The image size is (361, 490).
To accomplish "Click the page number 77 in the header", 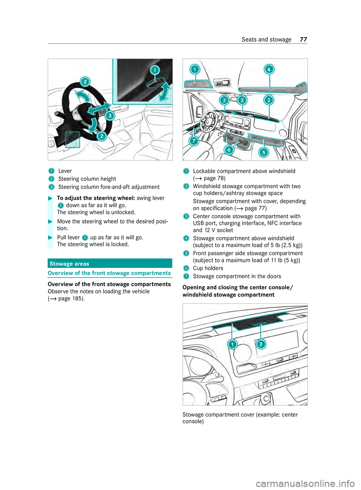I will coord(303,40).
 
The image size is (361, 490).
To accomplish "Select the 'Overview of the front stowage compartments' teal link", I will coord(109,273).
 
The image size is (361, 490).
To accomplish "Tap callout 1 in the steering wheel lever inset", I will coord(155,70).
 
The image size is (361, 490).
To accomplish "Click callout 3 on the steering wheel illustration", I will coord(109,116).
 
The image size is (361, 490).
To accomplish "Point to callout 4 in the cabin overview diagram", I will coord(268,69).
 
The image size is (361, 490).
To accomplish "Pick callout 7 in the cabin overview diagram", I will coord(194,141).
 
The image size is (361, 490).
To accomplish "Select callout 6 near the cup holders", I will coord(229,149).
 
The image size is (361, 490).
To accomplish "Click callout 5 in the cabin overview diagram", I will coord(264,152).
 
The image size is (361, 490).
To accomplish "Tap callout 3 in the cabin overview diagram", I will coord(242,100).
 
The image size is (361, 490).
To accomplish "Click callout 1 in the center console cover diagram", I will coord(232,344).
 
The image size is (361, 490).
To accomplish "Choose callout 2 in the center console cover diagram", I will coord(261,344).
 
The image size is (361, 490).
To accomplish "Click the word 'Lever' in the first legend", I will coord(65,171).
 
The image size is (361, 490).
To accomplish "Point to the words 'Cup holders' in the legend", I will coord(208,268).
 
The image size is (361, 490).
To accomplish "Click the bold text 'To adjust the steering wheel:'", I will coord(96,198).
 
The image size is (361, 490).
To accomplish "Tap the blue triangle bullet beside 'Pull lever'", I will coord(50,237).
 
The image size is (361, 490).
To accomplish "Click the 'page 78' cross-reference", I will coord(214,178).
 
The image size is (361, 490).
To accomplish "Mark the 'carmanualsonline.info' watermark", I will coord(305,483).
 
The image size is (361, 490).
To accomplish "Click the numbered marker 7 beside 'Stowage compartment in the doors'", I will coord(186,277).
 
